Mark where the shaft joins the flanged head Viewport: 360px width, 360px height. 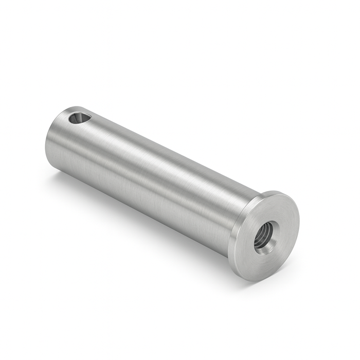234,226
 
